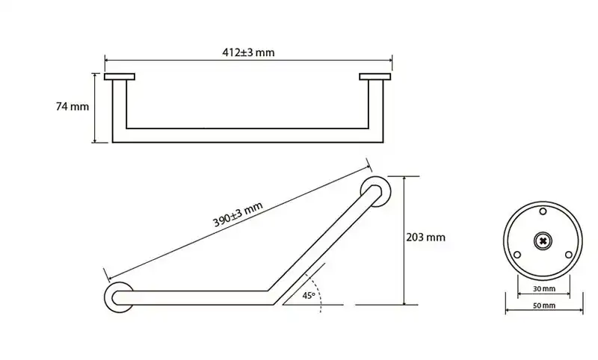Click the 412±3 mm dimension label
(248, 52)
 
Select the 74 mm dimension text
(73, 107)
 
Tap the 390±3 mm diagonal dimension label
(238, 214)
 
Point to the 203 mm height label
(425, 238)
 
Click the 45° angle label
(309, 295)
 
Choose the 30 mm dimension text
(544, 289)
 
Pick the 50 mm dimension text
(544, 305)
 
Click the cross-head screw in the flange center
(543, 240)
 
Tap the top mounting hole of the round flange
(543, 211)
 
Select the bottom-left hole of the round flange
(517, 255)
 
